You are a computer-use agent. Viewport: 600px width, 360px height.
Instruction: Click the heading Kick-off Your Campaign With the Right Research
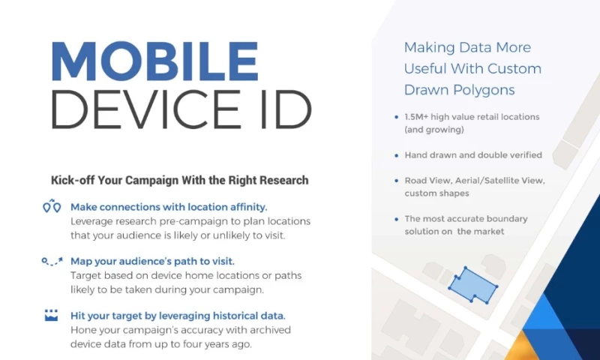pyautogui.click(x=179, y=181)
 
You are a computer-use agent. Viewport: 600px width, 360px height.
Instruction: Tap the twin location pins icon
pyautogui.click(x=51, y=206)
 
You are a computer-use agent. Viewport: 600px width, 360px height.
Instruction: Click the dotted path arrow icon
pyautogui.click(x=51, y=261)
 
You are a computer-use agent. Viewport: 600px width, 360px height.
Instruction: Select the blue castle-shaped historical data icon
pyautogui.click(x=51, y=315)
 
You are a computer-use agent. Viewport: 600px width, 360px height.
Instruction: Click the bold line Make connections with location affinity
pyautogui.click(x=169, y=206)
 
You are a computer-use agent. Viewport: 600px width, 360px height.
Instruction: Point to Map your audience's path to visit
pyautogui.click(x=152, y=261)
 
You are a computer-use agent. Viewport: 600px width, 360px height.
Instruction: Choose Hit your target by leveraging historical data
pyautogui.click(x=178, y=316)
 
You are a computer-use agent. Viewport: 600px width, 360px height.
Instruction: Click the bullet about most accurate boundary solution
pyautogui.click(x=466, y=225)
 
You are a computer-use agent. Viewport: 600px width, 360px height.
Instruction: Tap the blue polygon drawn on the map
pyautogui.click(x=472, y=286)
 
